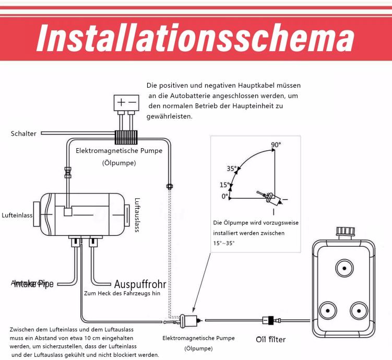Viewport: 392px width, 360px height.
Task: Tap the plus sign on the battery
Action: pyautogui.click(x=121, y=102)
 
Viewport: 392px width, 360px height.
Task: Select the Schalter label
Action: pyautogui.click(x=23, y=134)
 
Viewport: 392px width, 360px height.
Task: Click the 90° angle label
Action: pyautogui.click(x=276, y=144)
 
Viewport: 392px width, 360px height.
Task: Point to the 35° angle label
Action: pyautogui.click(x=231, y=169)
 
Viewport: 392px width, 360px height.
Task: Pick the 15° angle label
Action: pyautogui.click(x=224, y=185)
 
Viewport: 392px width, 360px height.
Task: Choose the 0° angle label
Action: pyautogui.click(x=225, y=196)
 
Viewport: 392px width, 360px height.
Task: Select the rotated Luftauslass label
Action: pyautogui.click(x=137, y=214)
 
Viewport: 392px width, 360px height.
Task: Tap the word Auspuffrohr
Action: pyautogui.click(x=140, y=284)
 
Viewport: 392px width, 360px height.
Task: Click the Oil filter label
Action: pyautogui.click(x=270, y=340)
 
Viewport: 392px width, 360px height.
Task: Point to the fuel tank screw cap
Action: pyautogui.click(x=345, y=232)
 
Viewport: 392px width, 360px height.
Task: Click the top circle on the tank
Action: pyautogui.click(x=344, y=269)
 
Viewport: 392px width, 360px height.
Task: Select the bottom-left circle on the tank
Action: pyautogui.click(x=328, y=310)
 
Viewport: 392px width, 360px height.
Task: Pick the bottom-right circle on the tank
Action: pyautogui.click(x=360, y=310)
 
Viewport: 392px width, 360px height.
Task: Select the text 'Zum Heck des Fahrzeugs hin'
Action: pyautogui.click(x=122, y=294)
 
